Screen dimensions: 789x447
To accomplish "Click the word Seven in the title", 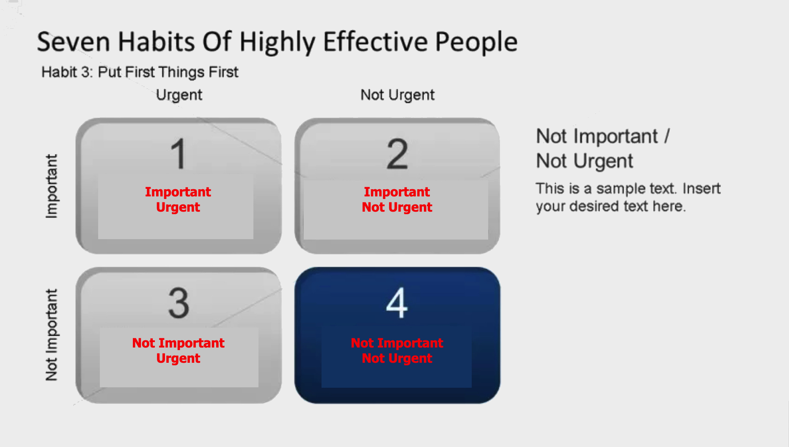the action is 74,41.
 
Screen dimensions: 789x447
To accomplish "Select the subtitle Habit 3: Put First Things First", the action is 140,72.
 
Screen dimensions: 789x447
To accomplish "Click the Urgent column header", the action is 179,95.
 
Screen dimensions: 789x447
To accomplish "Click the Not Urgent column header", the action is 397,95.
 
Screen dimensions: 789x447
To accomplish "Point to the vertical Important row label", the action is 52,186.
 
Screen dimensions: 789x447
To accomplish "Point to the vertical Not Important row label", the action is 52,335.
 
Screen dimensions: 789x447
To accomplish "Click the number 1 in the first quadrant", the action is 179,154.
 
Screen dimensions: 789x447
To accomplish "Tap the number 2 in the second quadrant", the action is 397,154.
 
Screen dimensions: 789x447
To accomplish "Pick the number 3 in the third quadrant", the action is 179,303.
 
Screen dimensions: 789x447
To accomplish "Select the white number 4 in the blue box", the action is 397,303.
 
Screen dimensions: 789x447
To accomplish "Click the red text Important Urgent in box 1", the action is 178,199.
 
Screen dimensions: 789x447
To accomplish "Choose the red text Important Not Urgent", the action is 397,199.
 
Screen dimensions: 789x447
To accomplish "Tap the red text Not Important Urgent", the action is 178,350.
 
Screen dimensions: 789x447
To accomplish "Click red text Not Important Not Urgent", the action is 397,350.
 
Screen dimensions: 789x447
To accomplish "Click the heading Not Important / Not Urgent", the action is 603,149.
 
